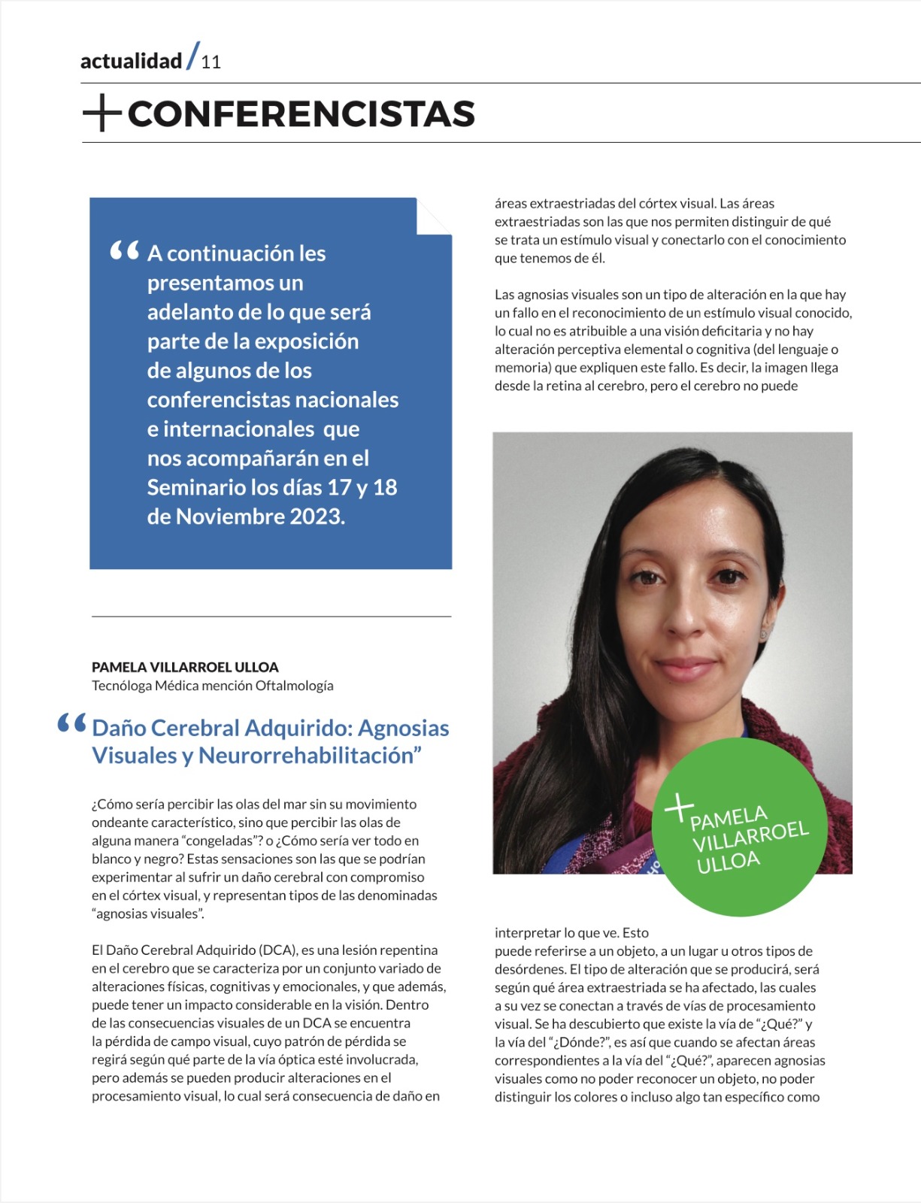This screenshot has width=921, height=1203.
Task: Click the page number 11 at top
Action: (211, 62)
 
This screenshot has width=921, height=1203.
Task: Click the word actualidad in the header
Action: (131, 61)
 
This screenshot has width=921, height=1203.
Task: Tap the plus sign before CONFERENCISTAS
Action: (101, 114)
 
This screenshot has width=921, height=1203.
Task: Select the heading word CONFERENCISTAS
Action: (301, 114)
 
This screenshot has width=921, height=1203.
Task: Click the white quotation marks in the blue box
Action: (124, 250)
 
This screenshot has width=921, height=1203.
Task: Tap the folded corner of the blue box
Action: (435, 217)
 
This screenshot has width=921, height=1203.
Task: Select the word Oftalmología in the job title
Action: (294, 686)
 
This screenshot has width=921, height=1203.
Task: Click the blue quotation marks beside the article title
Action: (72, 723)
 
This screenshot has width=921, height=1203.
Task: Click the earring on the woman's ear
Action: (764, 634)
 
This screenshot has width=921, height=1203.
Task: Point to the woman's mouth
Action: (684, 668)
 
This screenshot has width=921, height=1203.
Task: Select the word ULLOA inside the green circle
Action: (728, 862)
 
